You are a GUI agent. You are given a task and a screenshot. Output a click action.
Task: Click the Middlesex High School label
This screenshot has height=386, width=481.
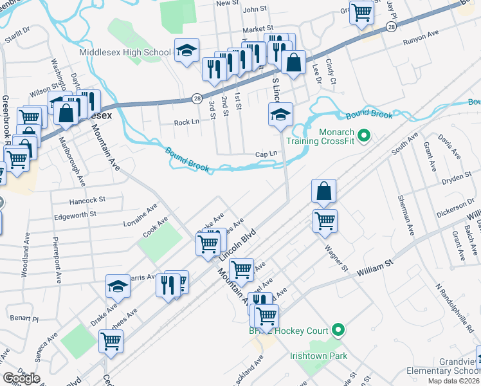(x=125, y=52)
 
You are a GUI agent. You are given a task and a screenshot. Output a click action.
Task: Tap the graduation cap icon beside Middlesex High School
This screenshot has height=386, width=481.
(x=186, y=51)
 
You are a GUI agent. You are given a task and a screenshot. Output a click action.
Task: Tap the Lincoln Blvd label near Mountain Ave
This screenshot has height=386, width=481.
(x=237, y=244)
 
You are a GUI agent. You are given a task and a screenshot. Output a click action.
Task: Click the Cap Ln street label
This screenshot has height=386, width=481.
(x=266, y=154)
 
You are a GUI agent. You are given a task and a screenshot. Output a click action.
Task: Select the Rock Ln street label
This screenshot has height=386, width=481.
(x=186, y=122)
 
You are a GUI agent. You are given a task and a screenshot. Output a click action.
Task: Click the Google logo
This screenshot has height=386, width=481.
(x=21, y=378)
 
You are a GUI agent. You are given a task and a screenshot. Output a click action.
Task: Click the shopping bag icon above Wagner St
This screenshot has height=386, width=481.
(x=323, y=192)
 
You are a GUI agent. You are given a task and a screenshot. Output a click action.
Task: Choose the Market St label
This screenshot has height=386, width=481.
(x=258, y=29)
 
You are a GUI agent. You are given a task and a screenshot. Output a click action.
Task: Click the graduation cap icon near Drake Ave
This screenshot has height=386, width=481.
(x=118, y=288)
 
